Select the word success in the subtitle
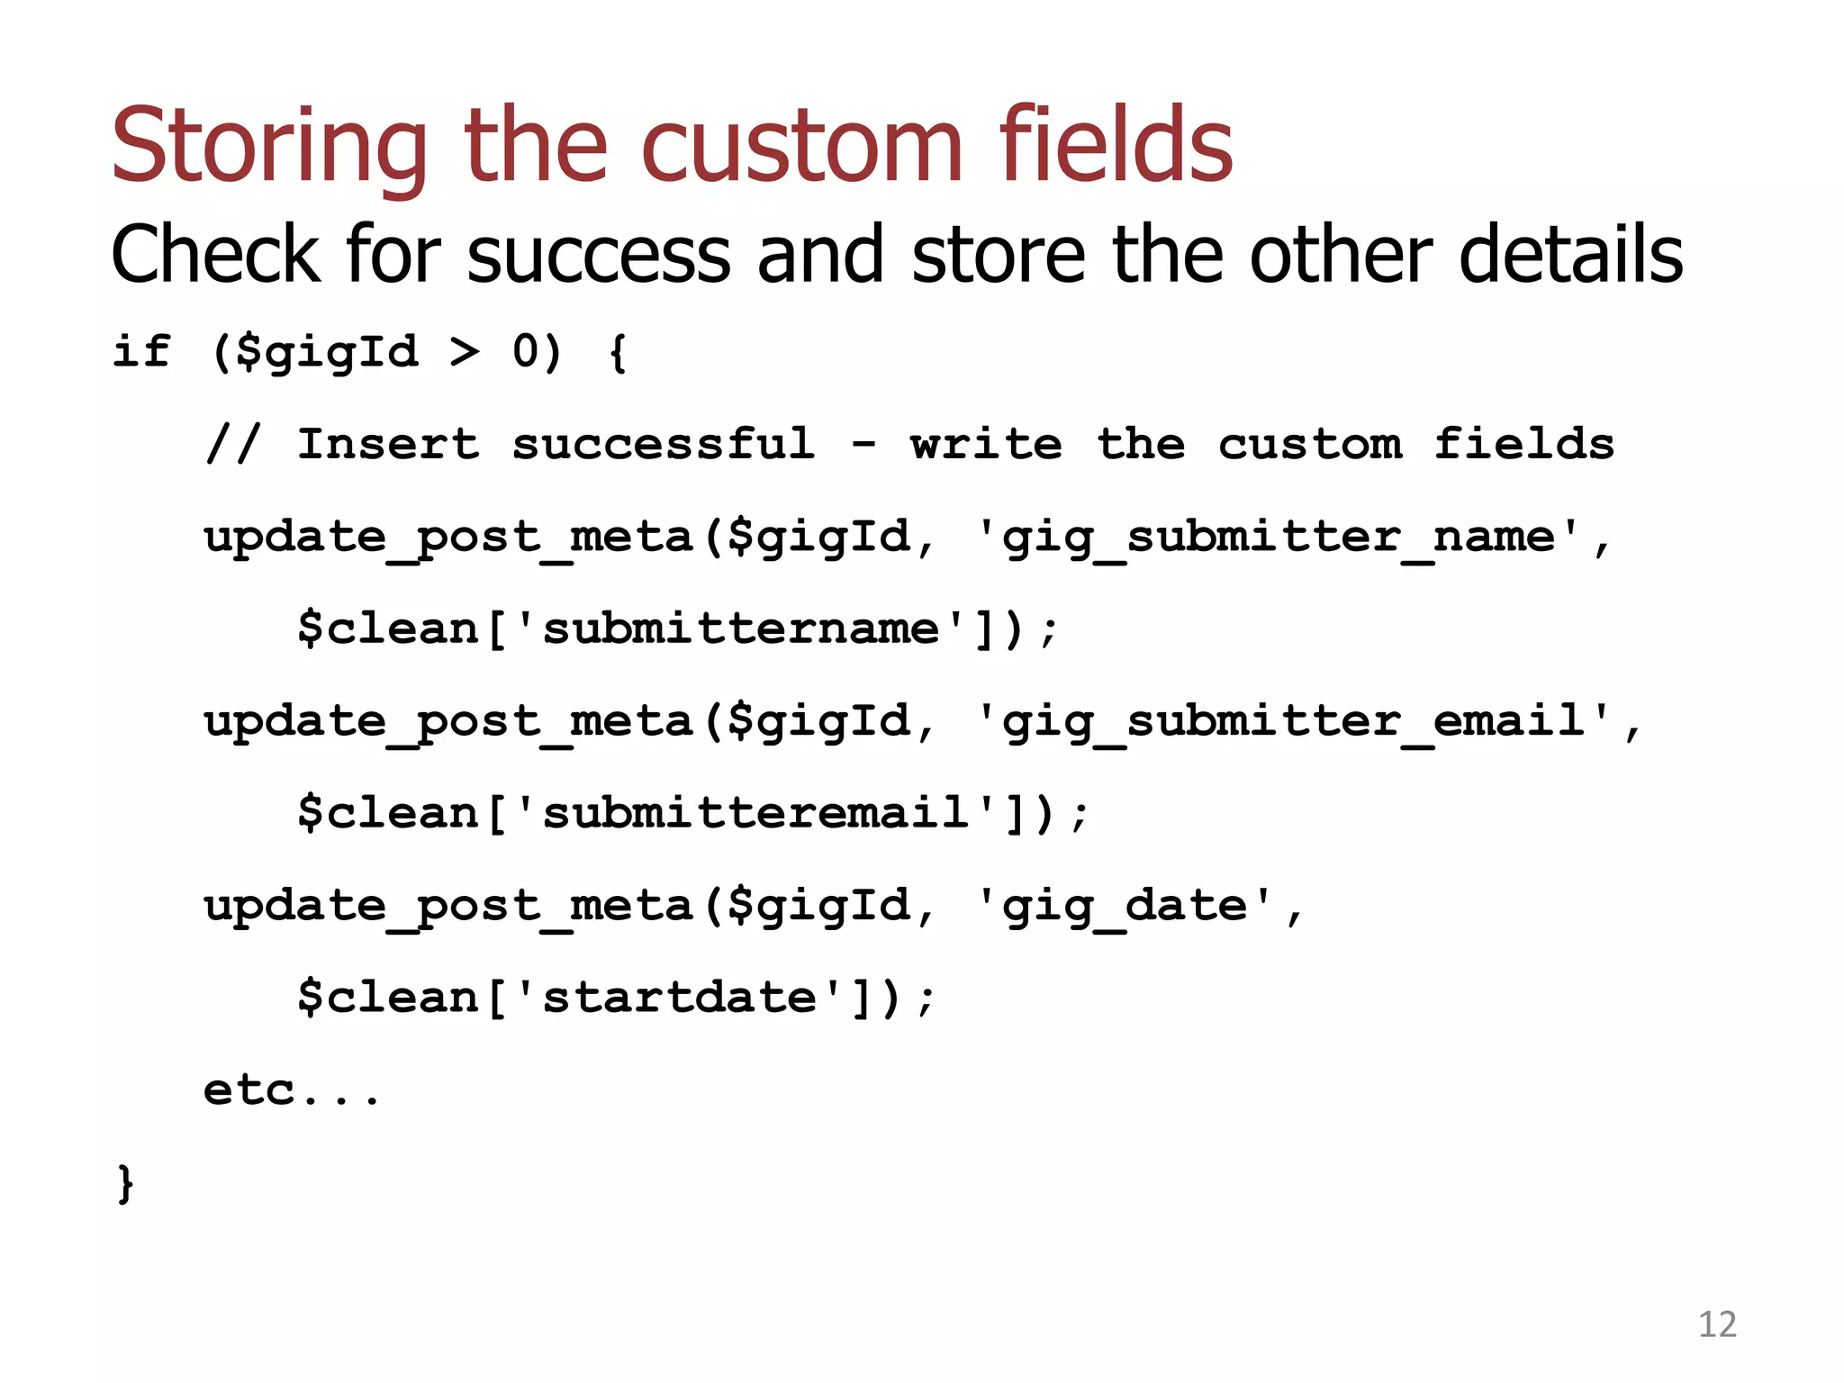pyautogui.click(x=599, y=255)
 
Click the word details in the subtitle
pyautogui.click(x=1570, y=255)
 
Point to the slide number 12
pyautogui.click(x=1716, y=1324)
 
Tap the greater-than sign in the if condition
pyautogui.click(x=465, y=351)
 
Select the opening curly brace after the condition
pyautogui.click(x=618, y=352)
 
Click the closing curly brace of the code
pyautogui.click(x=125, y=1183)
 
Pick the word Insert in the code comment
pyautogui.click(x=388, y=444)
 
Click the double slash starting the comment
pyautogui.click(x=233, y=444)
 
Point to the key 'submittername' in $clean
pyautogui.click(x=740, y=628)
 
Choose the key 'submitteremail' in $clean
pyautogui.click(x=755, y=813)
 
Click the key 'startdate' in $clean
pyautogui.click(x=679, y=998)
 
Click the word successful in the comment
pyautogui.click(x=664, y=444)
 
